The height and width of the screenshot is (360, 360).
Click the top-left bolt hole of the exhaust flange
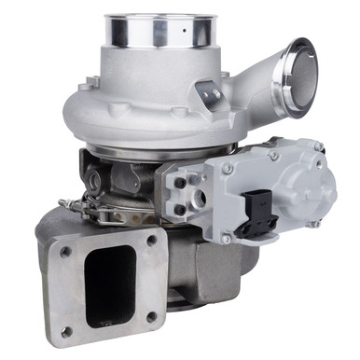pos(65,251)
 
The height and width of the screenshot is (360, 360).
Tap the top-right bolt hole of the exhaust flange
pos(151,240)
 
